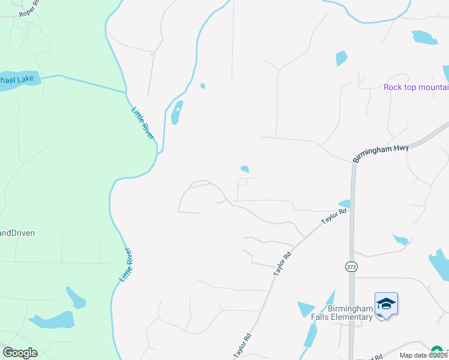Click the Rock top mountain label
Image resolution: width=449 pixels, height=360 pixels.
click(x=416, y=88)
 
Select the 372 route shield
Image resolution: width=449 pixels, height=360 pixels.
click(x=351, y=266)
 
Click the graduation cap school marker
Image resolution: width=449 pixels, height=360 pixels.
click(x=386, y=304)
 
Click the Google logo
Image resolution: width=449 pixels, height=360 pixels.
click(x=20, y=353)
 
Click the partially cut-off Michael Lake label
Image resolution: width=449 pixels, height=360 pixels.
click(x=17, y=79)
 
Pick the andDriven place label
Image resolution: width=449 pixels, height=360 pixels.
click(x=17, y=233)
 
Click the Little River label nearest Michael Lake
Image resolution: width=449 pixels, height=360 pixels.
click(x=143, y=122)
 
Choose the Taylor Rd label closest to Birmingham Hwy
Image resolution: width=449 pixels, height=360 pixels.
click(x=334, y=217)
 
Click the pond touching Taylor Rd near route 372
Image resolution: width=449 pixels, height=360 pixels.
click(x=345, y=204)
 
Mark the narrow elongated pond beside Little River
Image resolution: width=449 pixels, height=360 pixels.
click(x=176, y=112)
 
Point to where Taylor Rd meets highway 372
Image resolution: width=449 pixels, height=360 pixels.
click(x=352, y=205)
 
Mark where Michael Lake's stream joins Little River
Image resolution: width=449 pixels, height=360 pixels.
click(x=126, y=92)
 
